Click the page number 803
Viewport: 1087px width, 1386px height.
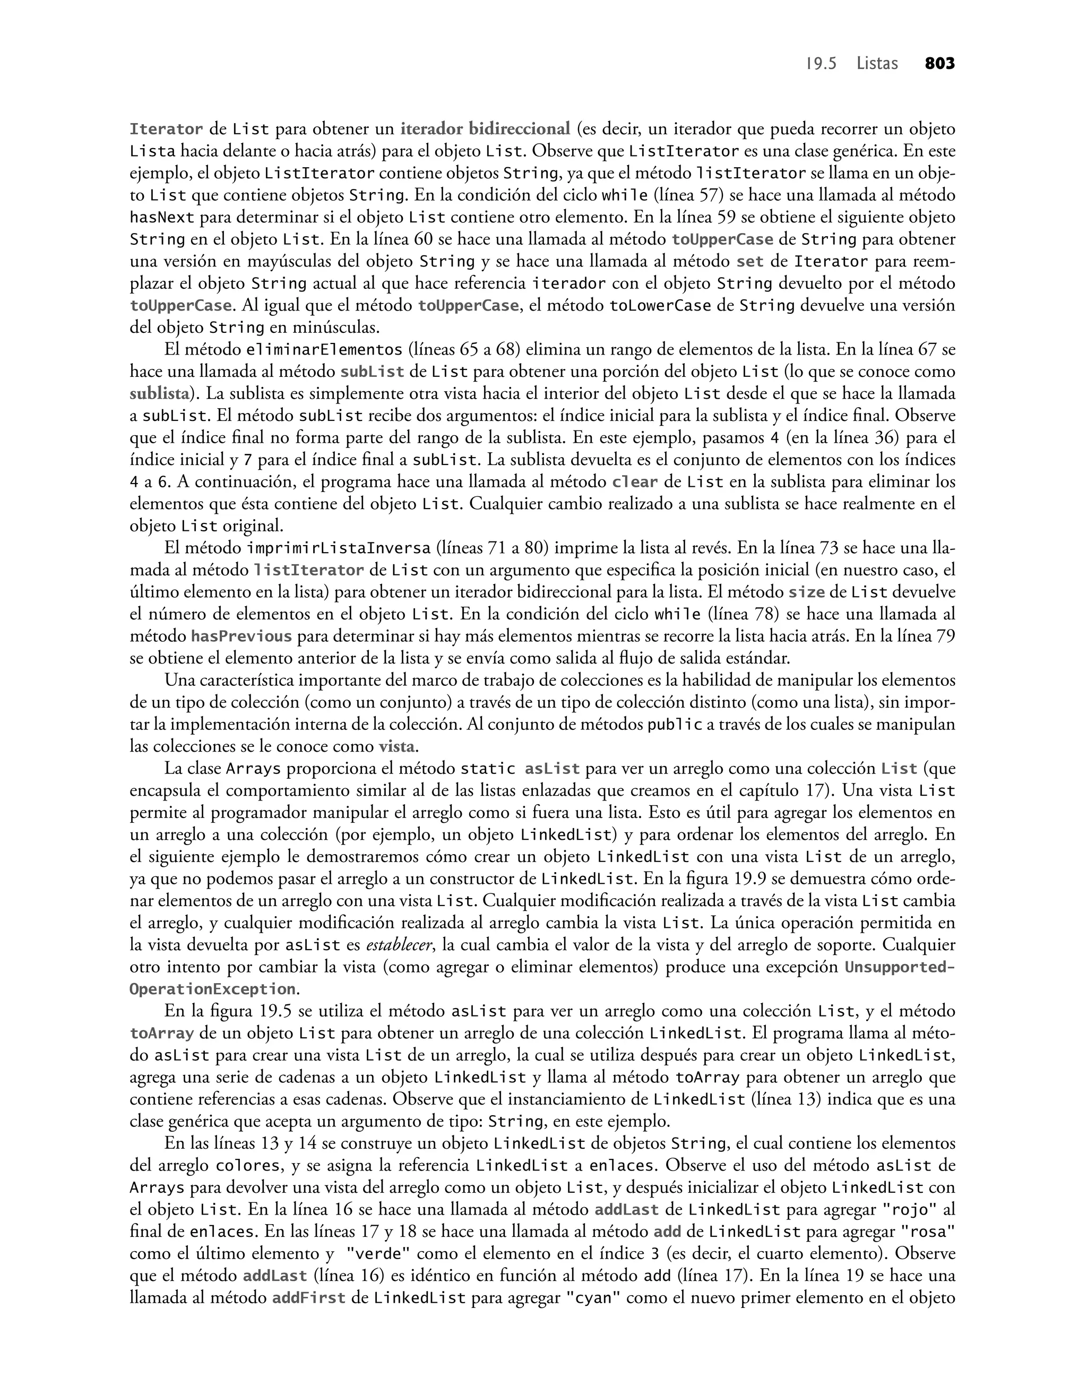coord(939,64)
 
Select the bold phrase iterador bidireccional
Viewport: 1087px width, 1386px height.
coord(485,129)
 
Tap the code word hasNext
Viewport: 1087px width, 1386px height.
coord(162,218)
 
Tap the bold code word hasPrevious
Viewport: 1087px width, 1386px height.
coord(242,636)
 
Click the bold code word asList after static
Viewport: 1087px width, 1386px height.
coord(553,769)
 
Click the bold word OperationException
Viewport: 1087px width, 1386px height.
coord(212,989)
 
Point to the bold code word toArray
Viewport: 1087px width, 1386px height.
coord(162,1034)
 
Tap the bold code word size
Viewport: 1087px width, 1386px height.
coord(806,592)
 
